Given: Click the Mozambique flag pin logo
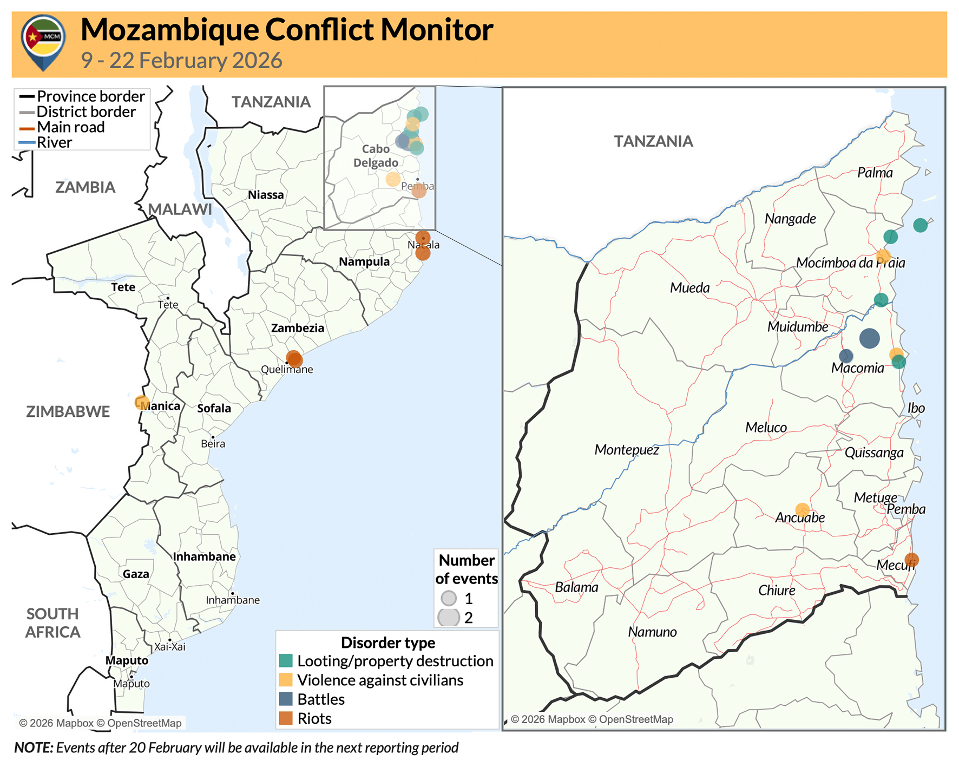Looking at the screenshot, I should (43, 42).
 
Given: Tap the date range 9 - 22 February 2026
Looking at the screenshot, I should (181, 60).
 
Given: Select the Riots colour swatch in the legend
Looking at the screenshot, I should (286, 718).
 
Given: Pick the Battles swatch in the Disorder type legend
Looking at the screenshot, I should (286, 699).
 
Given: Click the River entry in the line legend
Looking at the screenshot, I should (54, 143).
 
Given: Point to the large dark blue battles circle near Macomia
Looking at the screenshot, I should (869, 338).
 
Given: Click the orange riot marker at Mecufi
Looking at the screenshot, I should (912, 560).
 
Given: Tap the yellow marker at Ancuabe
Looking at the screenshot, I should (802, 509).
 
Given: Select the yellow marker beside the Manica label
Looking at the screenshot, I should (142, 403).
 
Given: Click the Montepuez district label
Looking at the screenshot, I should (626, 450).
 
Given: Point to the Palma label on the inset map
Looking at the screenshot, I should (875, 173).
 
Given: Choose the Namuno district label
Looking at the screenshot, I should (652, 632).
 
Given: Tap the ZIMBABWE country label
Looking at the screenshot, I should (68, 411).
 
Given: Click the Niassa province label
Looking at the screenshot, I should (266, 195).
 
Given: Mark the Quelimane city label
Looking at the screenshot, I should (287, 370).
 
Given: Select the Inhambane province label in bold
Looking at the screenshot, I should (204, 556).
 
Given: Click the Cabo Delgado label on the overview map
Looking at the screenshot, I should (376, 155).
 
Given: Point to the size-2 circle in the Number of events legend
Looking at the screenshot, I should (449, 617).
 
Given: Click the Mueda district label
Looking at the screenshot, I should (689, 287).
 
